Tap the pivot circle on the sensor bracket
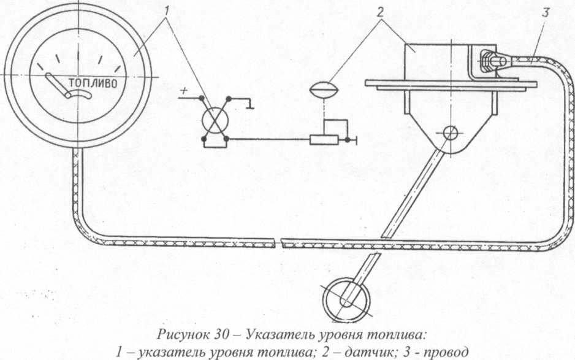[451, 132]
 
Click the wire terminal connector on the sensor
[494, 61]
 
